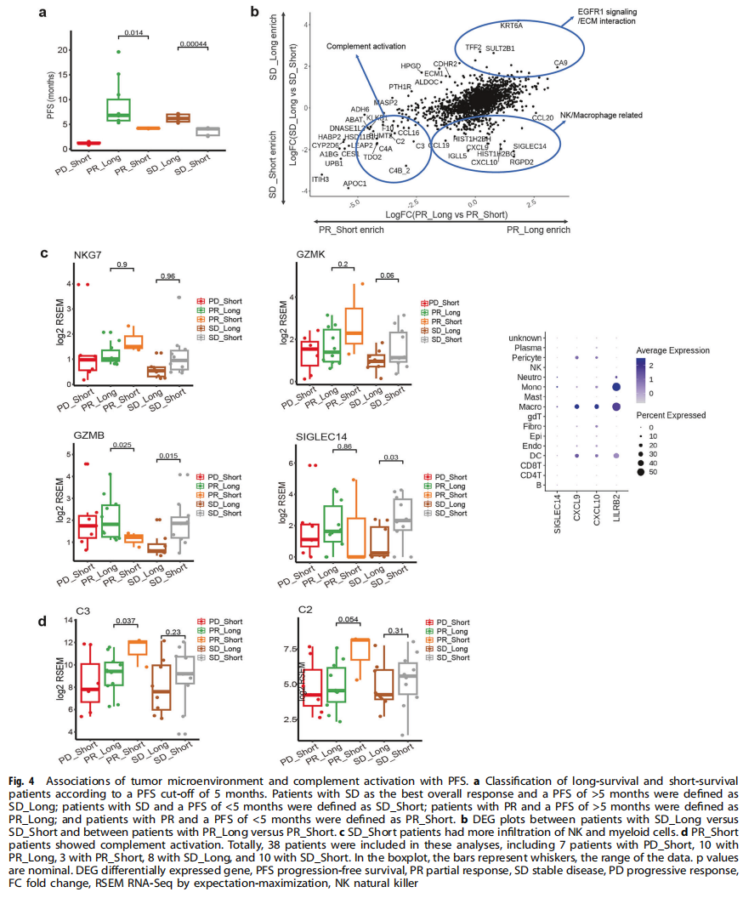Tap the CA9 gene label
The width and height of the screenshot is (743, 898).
[x=561, y=63]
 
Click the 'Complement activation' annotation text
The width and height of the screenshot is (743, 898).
[x=356, y=47]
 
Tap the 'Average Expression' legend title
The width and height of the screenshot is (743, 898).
[x=672, y=350]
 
